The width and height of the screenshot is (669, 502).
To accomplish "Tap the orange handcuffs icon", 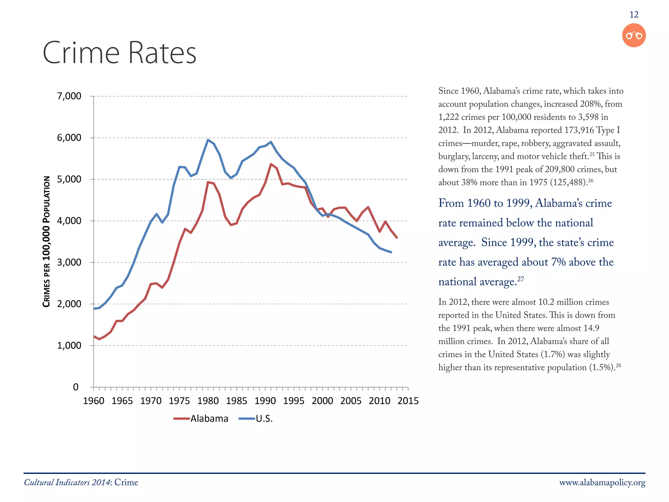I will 634,35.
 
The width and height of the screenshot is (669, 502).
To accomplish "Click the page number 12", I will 634,15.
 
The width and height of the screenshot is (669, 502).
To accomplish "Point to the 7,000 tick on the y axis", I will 69,96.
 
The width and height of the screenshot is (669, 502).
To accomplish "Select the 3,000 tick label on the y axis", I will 69,262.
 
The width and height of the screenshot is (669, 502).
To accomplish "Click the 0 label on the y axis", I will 76,387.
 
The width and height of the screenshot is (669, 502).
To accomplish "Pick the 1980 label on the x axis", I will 208,401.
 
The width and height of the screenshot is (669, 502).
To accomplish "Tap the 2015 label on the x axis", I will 408,401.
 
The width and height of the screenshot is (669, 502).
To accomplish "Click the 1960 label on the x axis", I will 94,401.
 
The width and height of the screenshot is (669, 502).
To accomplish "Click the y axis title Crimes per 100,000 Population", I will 47,242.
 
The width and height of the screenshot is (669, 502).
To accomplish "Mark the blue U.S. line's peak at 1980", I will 208,140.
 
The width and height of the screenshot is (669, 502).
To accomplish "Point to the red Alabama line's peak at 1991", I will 271,164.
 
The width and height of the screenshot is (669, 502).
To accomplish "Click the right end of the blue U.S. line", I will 391,252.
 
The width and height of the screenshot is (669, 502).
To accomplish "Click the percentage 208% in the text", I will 591,104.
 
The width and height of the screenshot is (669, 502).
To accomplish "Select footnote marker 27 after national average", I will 521,279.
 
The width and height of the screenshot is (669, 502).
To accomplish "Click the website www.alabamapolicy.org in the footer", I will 602,483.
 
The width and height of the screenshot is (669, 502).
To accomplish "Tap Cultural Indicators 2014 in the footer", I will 67,483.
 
